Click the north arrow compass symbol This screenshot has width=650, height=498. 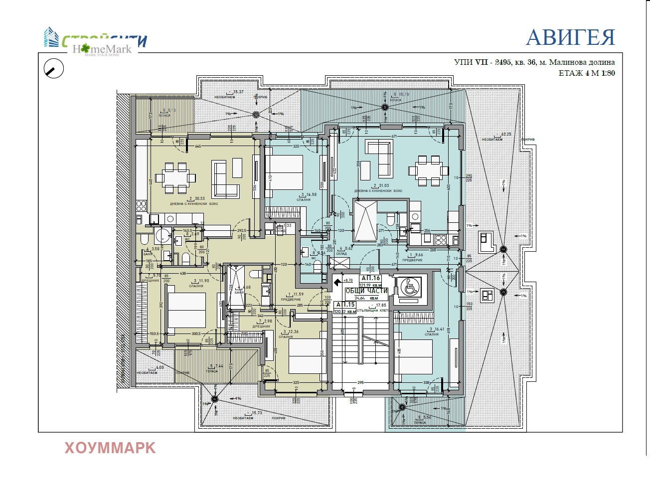[54, 69]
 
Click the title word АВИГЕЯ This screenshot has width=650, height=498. [570, 38]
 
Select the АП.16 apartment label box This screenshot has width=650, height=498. [370, 278]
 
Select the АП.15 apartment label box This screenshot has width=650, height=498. [345, 305]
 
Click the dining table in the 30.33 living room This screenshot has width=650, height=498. [175, 177]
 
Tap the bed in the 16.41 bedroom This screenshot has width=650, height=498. [413, 356]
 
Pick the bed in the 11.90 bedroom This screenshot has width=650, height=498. [186, 310]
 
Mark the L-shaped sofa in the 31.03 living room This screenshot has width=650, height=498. [379, 158]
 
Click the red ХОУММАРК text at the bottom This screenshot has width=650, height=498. [110, 448]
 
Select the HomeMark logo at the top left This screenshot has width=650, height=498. [102, 49]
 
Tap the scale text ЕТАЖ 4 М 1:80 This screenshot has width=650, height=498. [587, 73]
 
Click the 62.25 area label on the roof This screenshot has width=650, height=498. [507, 134]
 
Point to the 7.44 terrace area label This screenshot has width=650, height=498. [219, 366]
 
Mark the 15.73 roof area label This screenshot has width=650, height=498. [257, 413]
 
